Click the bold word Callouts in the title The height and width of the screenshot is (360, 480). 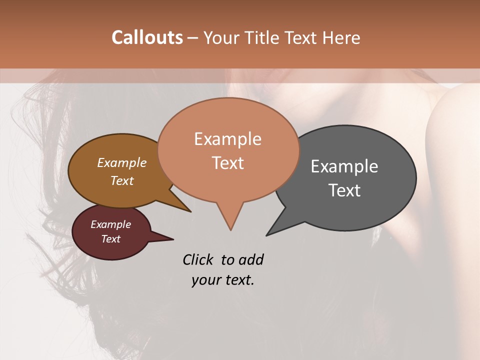(x=147, y=37)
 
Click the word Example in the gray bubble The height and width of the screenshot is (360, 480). (x=344, y=166)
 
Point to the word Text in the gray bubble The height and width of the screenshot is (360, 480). (x=344, y=190)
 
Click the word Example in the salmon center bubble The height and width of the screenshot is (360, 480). (x=227, y=139)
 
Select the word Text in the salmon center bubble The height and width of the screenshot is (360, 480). (x=227, y=162)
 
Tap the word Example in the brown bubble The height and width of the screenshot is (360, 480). (x=121, y=162)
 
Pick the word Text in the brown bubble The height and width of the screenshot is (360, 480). (x=121, y=180)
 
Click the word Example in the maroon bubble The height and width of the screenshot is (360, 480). (x=110, y=224)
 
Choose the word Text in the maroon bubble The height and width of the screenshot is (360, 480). (x=110, y=239)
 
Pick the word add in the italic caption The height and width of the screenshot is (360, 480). (x=251, y=259)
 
